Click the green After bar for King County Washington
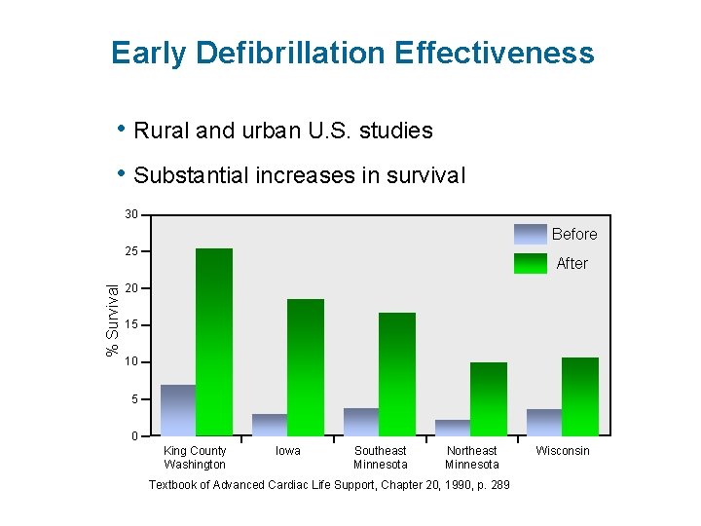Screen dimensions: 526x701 [x=214, y=341]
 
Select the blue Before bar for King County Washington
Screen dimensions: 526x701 [x=177, y=409]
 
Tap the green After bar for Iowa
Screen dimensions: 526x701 [x=306, y=366]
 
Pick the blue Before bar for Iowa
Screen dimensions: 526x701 [x=270, y=424]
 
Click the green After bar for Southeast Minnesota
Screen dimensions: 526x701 [x=397, y=373]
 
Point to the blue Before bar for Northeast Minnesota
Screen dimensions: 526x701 [x=453, y=427]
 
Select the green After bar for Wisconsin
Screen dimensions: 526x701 [x=580, y=395]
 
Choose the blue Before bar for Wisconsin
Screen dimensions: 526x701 [x=544, y=422]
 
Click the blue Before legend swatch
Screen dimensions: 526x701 [x=531, y=234]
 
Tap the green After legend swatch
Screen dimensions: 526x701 [x=531, y=263]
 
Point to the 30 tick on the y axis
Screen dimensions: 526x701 [x=131, y=214]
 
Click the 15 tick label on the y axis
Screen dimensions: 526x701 [x=131, y=324]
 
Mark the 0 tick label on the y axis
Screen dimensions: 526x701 [x=134, y=435]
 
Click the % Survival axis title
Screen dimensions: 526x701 [x=113, y=319]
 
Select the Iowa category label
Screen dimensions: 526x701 [x=288, y=451]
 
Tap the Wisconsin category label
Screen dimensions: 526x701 [x=563, y=451]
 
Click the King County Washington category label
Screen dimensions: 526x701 [x=195, y=458]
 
